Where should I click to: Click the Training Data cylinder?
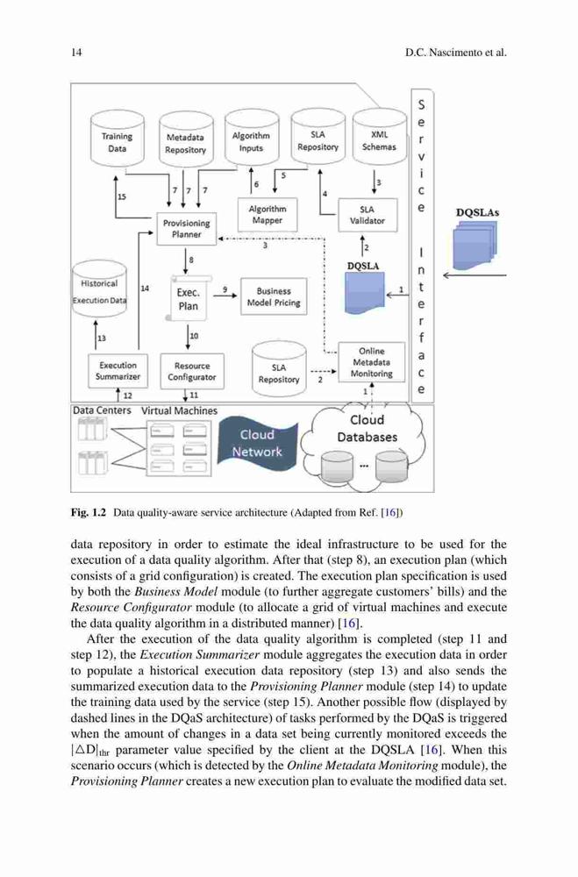click(117, 139)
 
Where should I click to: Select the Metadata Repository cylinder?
click(186, 139)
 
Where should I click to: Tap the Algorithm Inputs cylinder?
click(251, 138)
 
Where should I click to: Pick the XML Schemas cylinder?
click(380, 137)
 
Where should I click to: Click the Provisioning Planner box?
click(186, 229)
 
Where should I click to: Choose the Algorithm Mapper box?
click(267, 215)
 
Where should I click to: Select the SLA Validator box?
click(367, 216)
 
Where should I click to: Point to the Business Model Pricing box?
click(274, 296)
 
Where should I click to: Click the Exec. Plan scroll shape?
click(189, 299)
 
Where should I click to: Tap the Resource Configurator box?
click(192, 371)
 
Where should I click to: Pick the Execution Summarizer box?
click(118, 371)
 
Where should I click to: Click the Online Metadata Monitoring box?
click(372, 362)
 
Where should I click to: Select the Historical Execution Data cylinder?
click(100, 289)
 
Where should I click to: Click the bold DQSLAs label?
click(477, 212)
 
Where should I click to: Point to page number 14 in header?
click(76, 53)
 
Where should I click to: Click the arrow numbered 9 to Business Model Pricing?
click(225, 296)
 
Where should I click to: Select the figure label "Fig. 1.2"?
click(89, 512)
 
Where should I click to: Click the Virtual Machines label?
click(179, 410)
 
